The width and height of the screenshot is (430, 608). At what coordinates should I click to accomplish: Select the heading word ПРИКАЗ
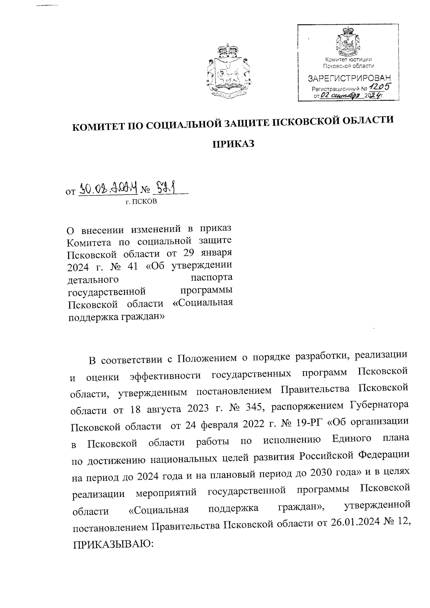[233, 144]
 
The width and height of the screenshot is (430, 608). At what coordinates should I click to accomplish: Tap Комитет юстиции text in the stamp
[349, 59]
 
